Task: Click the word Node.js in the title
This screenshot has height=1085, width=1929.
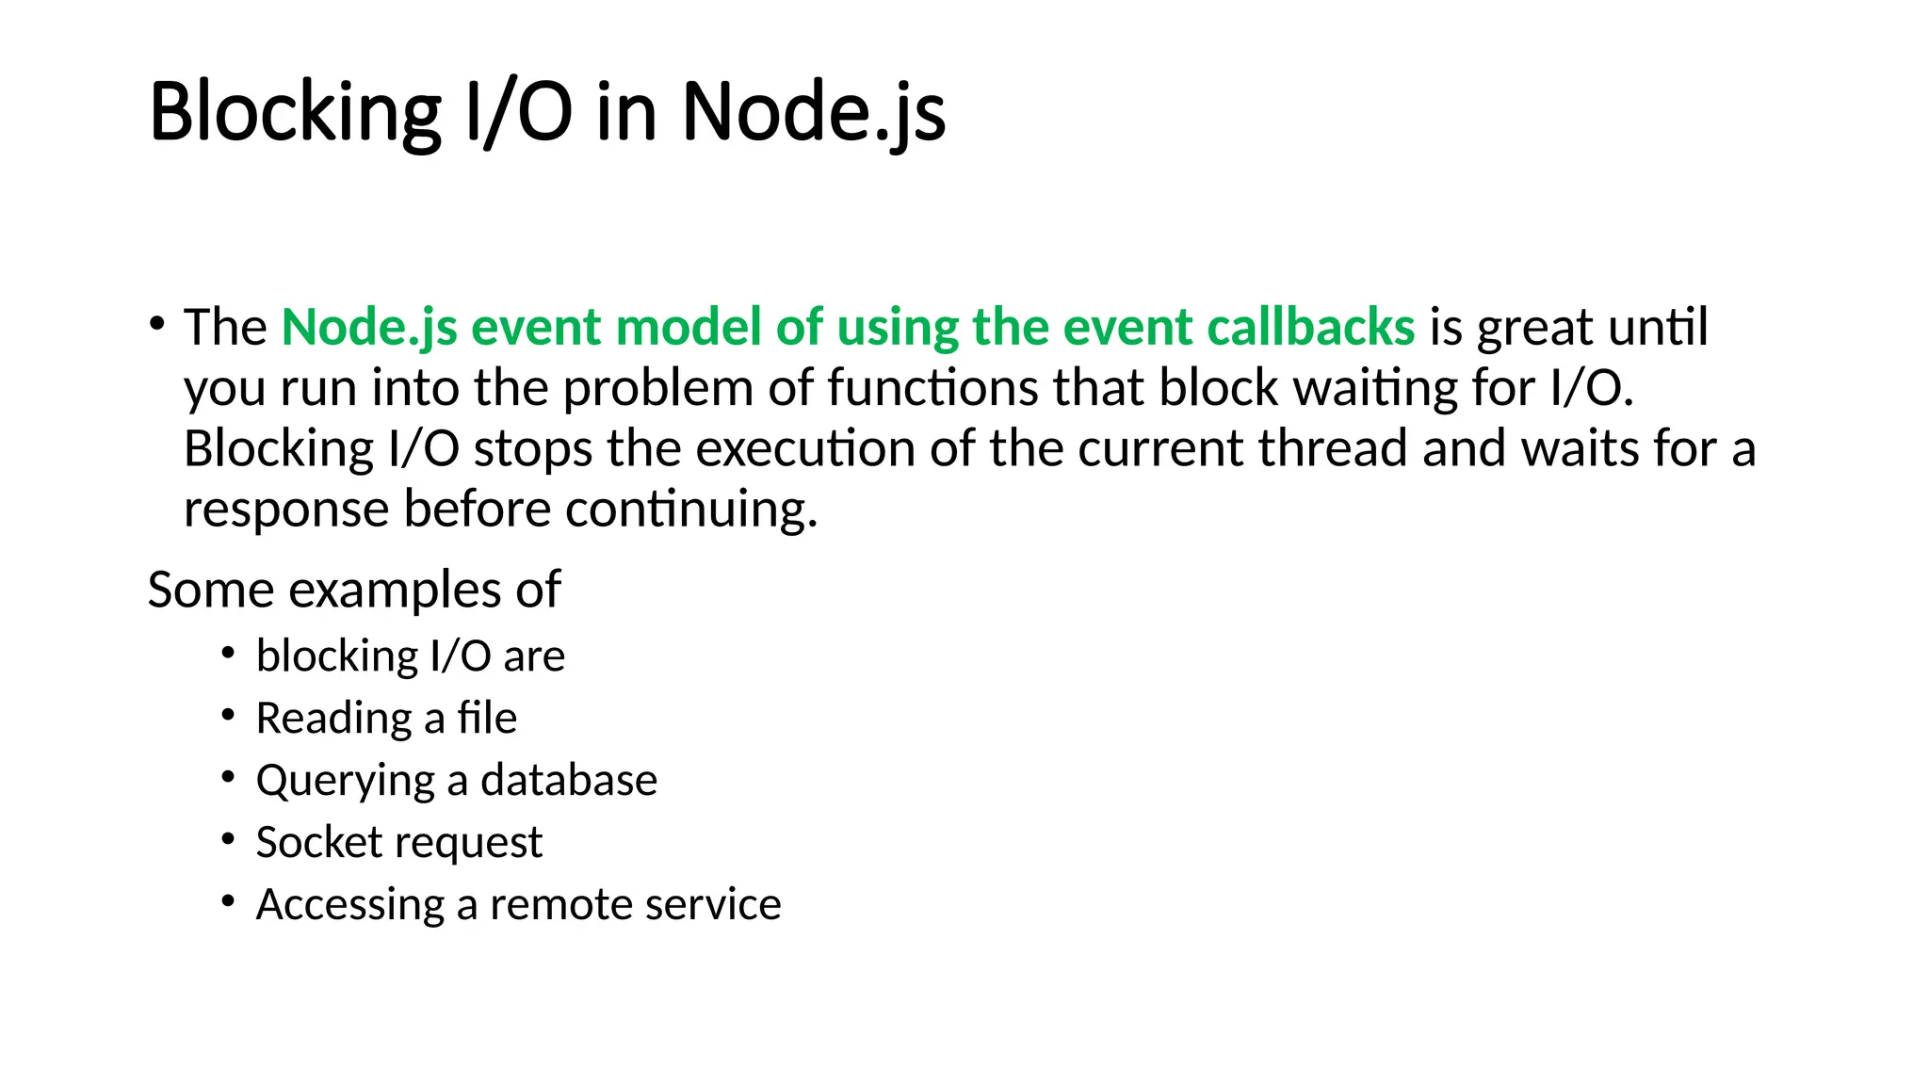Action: coord(813,112)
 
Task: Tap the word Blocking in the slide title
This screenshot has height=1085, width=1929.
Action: coord(295,112)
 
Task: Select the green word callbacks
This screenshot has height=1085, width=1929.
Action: coord(1310,327)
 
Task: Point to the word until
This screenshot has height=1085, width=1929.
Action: coord(1658,327)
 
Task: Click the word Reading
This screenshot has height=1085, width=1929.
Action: coord(333,719)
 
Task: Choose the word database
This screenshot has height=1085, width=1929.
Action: coord(569,780)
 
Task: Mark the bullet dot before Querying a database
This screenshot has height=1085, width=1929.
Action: coord(228,777)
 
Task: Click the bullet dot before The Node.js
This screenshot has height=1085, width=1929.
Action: coord(156,324)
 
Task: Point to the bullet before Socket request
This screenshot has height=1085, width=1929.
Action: coord(228,839)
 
